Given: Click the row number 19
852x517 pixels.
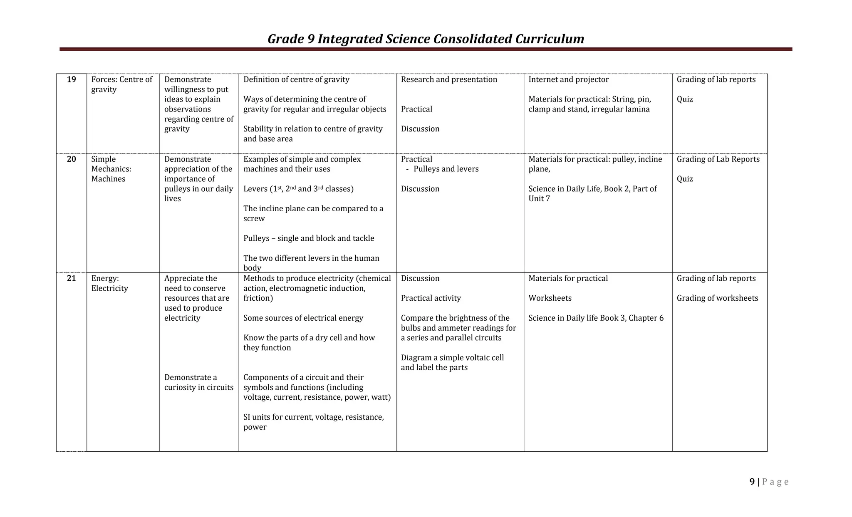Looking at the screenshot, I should pyautogui.click(x=72, y=79).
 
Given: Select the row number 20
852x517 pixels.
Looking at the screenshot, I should pyautogui.click(x=72, y=159).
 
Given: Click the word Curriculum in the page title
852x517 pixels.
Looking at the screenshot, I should pyautogui.click(x=550, y=39).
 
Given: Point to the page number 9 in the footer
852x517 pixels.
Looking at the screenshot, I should pyautogui.click(x=752, y=482).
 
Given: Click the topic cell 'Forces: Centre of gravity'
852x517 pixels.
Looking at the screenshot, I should pyautogui.click(x=122, y=84).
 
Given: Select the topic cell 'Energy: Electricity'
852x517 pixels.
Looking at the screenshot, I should pyautogui.click(x=109, y=283).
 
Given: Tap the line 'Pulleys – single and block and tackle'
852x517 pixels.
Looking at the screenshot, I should pyautogui.click(x=309, y=238).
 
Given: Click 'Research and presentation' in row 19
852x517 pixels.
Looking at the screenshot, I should pyautogui.click(x=449, y=79).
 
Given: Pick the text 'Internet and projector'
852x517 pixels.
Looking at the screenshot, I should pyautogui.click(x=568, y=79).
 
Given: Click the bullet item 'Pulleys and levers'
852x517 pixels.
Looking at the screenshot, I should pyautogui.click(x=446, y=169).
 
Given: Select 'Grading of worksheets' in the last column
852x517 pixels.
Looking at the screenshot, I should pyautogui.click(x=717, y=298).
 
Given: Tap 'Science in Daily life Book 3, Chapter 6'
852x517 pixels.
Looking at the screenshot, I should pyautogui.click(x=596, y=318).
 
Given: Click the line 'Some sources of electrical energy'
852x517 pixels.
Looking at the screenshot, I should pyautogui.click(x=303, y=318).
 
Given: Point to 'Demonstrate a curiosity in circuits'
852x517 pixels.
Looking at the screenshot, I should pyautogui.click(x=198, y=382).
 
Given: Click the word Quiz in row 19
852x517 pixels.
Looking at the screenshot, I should pyautogui.click(x=685, y=99).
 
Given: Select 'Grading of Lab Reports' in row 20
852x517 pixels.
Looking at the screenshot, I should pyautogui.click(x=718, y=159).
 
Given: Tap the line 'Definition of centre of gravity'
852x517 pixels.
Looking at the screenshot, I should pyautogui.click(x=296, y=79).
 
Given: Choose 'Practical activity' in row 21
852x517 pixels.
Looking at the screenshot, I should pyautogui.click(x=431, y=298).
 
